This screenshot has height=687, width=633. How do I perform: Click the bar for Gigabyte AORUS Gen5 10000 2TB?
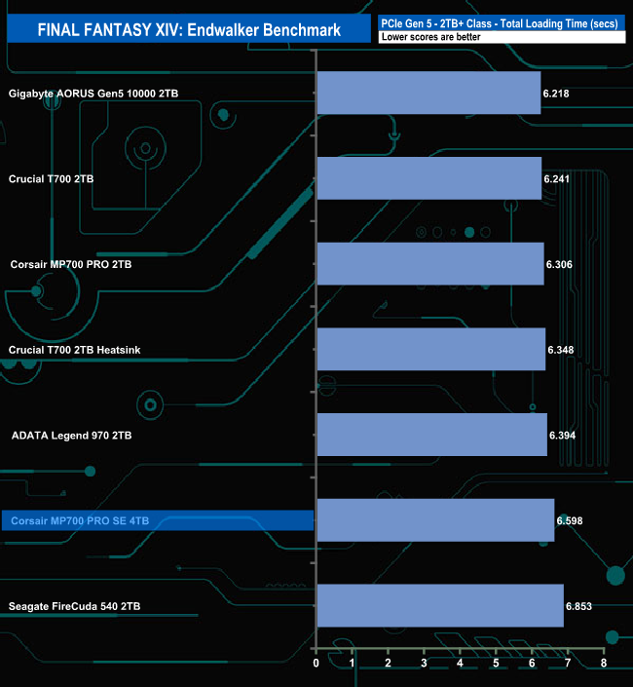pyautogui.click(x=429, y=93)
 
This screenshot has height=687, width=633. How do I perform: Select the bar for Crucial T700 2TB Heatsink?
pyautogui.click(x=431, y=349)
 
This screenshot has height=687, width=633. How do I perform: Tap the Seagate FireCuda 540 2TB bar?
pyautogui.click(x=440, y=605)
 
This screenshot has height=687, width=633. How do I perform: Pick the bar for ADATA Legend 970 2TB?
pyautogui.click(x=432, y=435)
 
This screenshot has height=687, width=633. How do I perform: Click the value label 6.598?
pyautogui.click(x=570, y=520)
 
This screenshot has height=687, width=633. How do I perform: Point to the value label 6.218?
pyautogui.click(x=556, y=94)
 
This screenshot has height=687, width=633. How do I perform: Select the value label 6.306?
pyautogui.click(x=559, y=264)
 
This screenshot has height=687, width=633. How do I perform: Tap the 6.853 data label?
pyautogui.click(x=578, y=606)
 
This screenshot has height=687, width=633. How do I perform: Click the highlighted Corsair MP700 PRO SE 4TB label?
pyautogui.click(x=80, y=520)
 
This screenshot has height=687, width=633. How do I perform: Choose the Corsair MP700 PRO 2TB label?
pyautogui.click(x=71, y=264)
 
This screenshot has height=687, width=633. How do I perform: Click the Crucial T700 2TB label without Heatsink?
pyautogui.click(x=51, y=178)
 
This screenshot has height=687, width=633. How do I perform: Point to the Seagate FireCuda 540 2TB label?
pyautogui.click(x=74, y=606)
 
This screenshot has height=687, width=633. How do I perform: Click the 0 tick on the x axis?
pyautogui.click(x=316, y=663)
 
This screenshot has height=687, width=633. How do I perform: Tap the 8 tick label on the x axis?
pyautogui.click(x=604, y=663)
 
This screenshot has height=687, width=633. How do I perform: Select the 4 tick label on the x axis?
pyautogui.click(x=460, y=663)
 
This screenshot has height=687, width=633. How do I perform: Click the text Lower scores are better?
pyautogui.click(x=430, y=37)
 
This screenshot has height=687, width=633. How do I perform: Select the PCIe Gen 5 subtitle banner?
pyautogui.click(x=502, y=23)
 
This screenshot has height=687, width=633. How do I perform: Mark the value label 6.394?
pyautogui.click(x=562, y=435)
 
